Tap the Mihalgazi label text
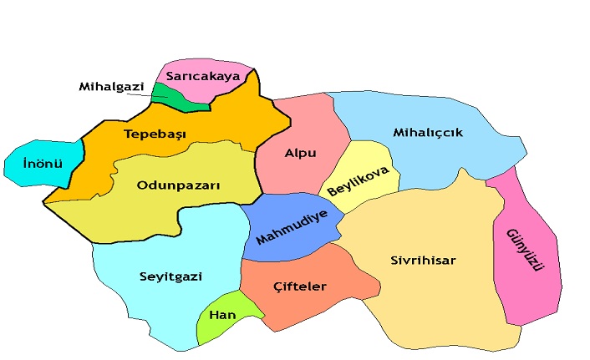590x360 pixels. pos(112,86)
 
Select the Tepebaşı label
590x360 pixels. pos(155,134)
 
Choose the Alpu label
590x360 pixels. pos(300,154)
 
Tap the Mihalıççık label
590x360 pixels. pos(427,132)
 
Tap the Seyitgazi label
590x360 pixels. pos(170,276)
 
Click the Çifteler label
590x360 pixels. pos(299,286)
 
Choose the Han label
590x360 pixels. pos(221,315)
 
